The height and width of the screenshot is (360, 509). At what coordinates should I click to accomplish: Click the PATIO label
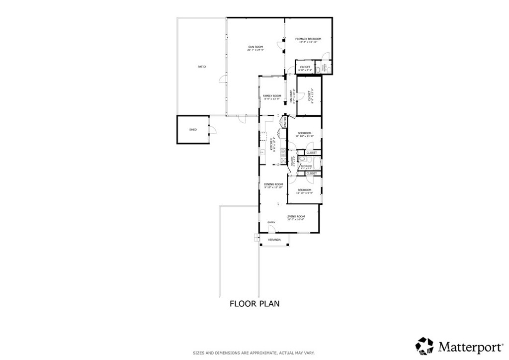pyautogui.click(x=201, y=67)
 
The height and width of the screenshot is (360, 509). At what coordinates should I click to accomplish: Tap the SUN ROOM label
pyautogui.click(x=256, y=47)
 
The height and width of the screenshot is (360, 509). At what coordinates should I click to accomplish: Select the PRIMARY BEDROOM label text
pyautogui.click(x=308, y=39)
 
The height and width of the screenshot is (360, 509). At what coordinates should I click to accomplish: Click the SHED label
pyautogui.click(x=193, y=130)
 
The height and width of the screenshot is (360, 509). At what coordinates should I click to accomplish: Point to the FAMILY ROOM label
pyautogui.click(x=272, y=95)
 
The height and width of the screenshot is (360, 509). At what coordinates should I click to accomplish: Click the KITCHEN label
pyautogui.click(x=271, y=144)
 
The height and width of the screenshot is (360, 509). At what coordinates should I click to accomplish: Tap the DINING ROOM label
pyautogui.click(x=273, y=184)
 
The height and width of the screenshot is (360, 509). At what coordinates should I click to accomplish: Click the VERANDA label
pyautogui.click(x=274, y=240)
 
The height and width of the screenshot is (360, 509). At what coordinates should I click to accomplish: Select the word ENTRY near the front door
pyautogui.click(x=271, y=222)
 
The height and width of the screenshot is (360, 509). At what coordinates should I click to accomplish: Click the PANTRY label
pyautogui.click(x=285, y=122)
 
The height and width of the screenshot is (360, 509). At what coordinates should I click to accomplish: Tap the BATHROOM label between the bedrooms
pyautogui.click(x=306, y=166)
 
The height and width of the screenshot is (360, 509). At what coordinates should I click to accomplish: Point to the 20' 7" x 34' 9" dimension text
pyautogui.click(x=256, y=50)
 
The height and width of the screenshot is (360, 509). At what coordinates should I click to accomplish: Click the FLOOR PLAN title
pyautogui.click(x=254, y=303)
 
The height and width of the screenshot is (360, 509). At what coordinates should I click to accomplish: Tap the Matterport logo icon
pyautogui.click(x=424, y=345)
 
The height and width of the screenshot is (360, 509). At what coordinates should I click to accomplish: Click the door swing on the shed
pyautogui.click(x=212, y=130)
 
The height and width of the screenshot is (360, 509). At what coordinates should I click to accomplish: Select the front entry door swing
pyautogui.click(x=272, y=229)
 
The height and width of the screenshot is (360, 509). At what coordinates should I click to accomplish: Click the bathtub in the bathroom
pyautogui.click(x=307, y=160)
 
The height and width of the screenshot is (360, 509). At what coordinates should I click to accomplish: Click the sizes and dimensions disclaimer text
pyautogui.click(x=254, y=353)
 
